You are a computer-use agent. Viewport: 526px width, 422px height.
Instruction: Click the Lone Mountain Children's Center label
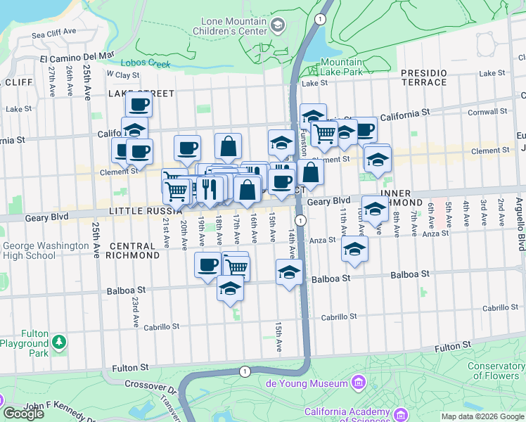pos(233,26)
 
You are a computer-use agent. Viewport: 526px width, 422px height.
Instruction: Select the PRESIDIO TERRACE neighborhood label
pos(423,77)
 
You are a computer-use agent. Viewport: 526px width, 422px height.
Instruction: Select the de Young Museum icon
pos(359,383)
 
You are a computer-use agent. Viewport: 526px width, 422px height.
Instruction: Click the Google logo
pos(23,414)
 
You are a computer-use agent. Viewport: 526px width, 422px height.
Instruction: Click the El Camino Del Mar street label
pos(77,56)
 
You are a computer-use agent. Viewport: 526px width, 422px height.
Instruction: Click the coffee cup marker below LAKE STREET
pos(139,105)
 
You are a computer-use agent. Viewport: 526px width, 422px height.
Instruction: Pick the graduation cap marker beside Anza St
pos(355,249)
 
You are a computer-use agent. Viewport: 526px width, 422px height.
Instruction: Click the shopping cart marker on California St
pos(323,132)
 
